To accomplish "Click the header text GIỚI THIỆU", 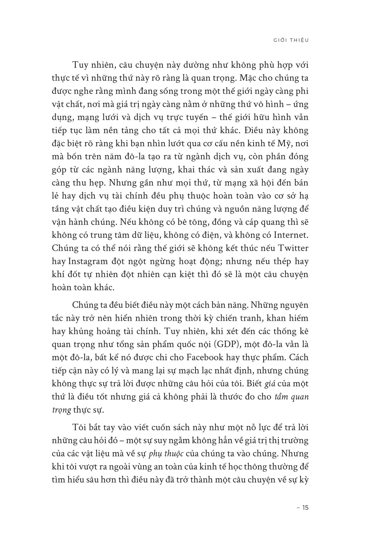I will tap(291, 40).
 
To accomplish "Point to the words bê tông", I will tap(190, 222).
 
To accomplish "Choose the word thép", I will tap(280, 261).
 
